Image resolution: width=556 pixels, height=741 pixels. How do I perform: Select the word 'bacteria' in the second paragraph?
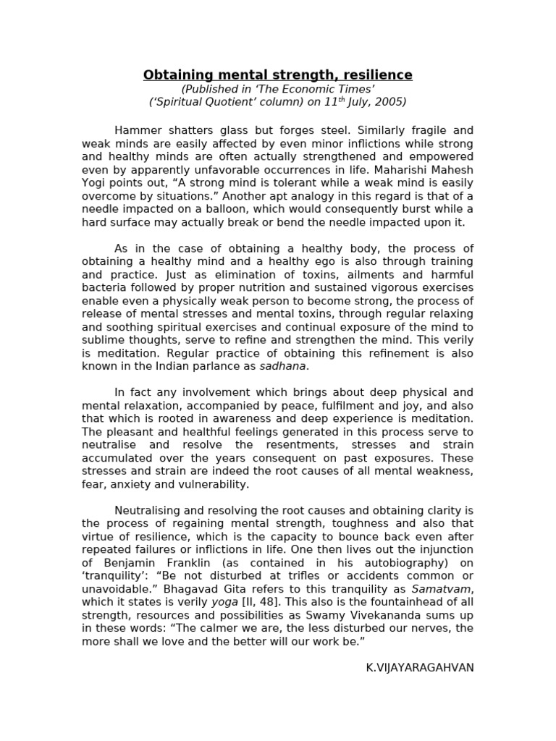point(103,287)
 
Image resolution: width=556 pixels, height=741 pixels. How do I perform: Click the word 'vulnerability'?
point(212,484)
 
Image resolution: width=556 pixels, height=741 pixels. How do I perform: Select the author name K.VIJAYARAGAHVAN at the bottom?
point(420,667)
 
